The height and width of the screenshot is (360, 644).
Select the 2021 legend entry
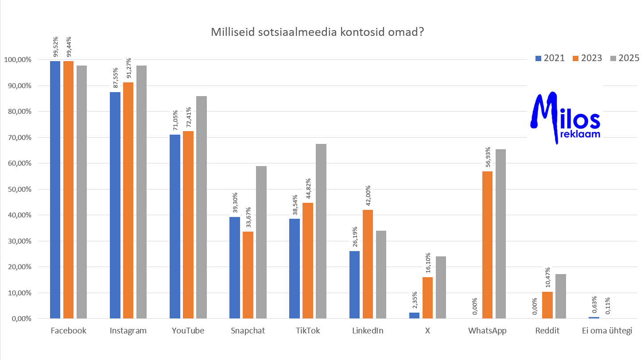click(550, 58)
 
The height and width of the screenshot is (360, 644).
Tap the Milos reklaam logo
click(566, 117)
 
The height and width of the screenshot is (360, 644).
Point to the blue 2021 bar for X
click(414, 315)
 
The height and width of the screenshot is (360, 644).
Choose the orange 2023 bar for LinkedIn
click(368, 264)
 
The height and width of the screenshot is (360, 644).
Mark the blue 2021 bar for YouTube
click(175, 226)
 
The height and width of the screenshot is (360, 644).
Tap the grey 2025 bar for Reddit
click(561, 296)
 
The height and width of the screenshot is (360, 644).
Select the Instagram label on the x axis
click(128, 331)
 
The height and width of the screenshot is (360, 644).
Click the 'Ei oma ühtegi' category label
click(606, 331)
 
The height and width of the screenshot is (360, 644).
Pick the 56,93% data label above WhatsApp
click(488, 157)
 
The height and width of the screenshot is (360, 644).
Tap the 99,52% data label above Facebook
click(55, 47)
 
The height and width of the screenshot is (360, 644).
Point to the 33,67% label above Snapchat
click(248, 218)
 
